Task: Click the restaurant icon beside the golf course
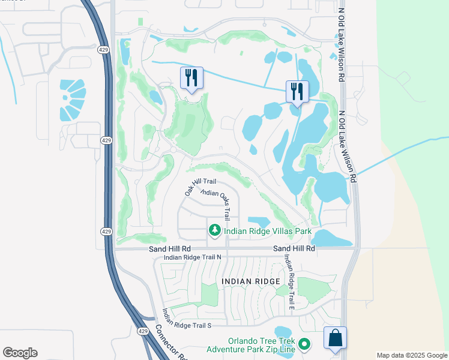tap(191, 79)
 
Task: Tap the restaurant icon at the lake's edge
tap(297, 92)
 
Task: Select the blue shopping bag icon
tap(335, 338)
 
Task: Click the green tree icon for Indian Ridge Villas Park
tap(214, 230)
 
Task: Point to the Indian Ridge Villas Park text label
tap(268, 231)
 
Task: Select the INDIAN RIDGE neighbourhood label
tap(250, 281)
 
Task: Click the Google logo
tap(20, 353)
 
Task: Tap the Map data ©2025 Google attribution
tap(411, 355)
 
